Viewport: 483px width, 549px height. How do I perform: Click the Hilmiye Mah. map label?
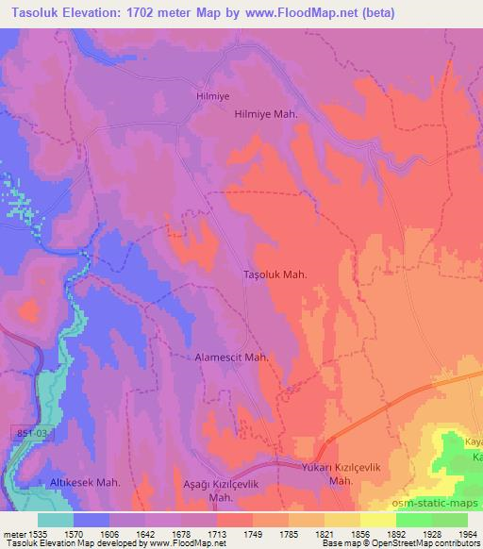265,113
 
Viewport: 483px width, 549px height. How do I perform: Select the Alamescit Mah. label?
232,358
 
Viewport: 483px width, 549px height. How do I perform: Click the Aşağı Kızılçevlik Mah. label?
219,490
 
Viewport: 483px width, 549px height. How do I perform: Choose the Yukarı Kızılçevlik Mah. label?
321,474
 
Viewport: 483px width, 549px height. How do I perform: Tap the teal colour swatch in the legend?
56,519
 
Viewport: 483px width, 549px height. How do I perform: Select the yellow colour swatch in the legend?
377,519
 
